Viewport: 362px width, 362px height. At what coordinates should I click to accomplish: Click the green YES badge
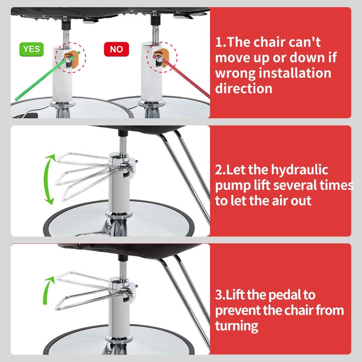(x=32, y=49)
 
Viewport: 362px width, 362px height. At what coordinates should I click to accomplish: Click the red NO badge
(x=116, y=49)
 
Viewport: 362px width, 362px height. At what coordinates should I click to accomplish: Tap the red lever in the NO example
(x=182, y=76)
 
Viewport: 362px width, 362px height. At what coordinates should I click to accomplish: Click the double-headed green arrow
(x=49, y=179)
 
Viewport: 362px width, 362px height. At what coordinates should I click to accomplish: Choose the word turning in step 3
(x=237, y=327)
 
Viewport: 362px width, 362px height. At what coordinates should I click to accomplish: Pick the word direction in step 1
(x=244, y=89)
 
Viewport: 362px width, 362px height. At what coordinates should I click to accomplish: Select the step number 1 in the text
(x=219, y=42)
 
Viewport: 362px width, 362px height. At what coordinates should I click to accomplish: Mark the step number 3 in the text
(x=219, y=295)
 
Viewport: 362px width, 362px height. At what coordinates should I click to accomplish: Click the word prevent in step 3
(x=238, y=311)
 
